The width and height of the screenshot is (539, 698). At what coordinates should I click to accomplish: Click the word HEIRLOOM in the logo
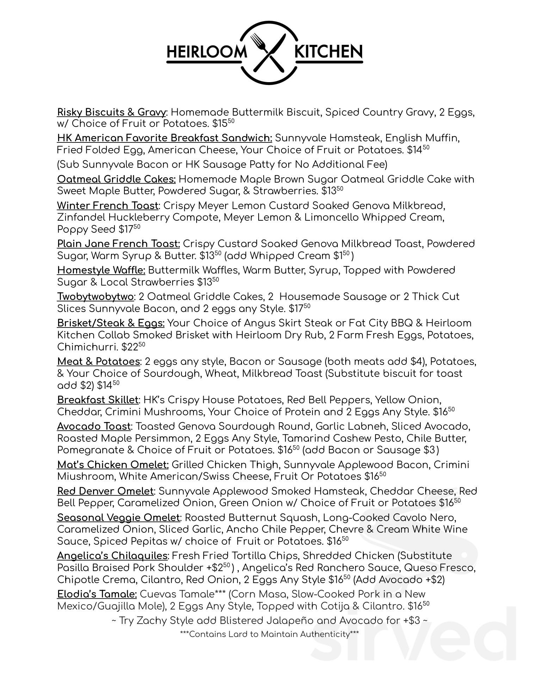(x=207, y=52)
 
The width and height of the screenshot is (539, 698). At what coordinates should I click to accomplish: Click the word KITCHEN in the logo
(x=328, y=52)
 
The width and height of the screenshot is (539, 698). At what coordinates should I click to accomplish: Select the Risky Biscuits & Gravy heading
(x=111, y=112)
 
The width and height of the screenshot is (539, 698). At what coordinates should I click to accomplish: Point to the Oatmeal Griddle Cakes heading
(x=116, y=179)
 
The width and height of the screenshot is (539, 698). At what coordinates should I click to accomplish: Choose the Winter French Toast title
(x=108, y=206)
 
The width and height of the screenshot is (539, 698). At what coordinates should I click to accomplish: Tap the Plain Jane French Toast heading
(x=118, y=244)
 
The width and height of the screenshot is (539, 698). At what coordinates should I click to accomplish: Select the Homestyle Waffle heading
(x=101, y=270)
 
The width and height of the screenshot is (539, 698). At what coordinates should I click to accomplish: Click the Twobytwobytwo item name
(x=95, y=297)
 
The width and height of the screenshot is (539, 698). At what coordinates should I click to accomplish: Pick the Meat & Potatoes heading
(x=99, y=361)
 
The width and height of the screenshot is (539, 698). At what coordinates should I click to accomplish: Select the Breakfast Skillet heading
(x=98, y=400)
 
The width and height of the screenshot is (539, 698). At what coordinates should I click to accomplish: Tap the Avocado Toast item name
(x=94, y=426)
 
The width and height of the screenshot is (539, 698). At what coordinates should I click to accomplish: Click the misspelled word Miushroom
(x=86, y=476)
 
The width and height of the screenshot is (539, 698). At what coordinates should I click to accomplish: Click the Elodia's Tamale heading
(x=97, y=594)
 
